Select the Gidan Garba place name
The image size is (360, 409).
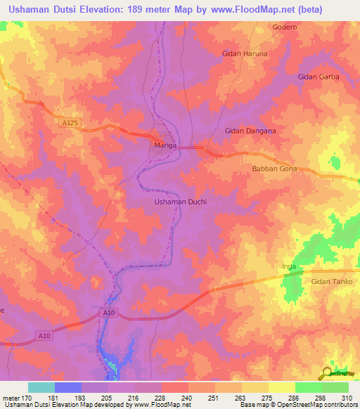319,77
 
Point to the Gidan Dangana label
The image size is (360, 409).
250,131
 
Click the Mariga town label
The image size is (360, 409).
165,145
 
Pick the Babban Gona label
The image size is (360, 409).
275,169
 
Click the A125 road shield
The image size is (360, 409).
70,123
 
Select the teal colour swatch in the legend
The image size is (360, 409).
41,387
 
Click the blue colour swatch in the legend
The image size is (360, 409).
67,387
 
